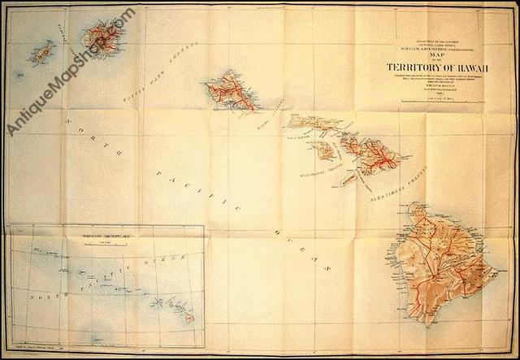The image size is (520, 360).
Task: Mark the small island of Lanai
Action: pos(324,150)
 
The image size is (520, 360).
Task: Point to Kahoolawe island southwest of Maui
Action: pos(348,176)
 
